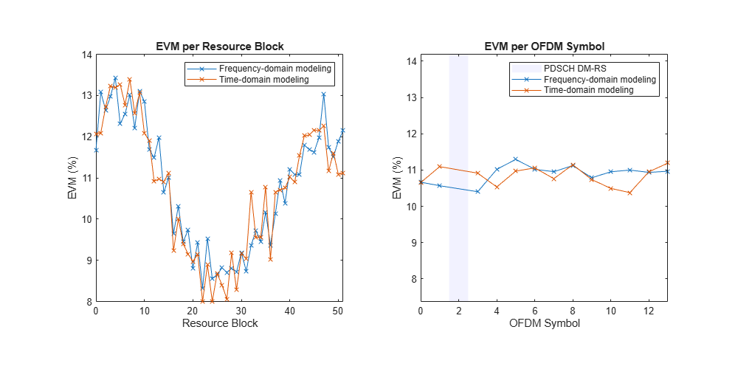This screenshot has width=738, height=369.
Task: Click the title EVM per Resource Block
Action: (220, 46)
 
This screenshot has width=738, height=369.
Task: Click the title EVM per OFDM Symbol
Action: (545, 46)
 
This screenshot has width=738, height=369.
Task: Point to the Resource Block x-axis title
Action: (220, 324)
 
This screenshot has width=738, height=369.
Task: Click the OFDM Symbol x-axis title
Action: (545, 324)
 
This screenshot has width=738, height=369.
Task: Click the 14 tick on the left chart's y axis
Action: (86, 55)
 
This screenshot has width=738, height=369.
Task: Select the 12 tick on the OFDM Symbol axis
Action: (649, 311)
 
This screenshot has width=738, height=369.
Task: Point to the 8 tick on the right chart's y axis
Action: (411, 279)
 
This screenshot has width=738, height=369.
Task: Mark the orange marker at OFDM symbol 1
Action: (440, 167)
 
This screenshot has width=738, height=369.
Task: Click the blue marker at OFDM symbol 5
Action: (516, 159)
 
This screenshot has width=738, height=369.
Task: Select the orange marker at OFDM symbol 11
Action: (630, 193)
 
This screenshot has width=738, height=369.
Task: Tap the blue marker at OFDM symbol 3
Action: (477, 192)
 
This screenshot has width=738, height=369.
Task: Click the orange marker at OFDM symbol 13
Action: (668, 162)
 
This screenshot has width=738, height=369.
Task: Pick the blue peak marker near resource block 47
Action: (324, 94)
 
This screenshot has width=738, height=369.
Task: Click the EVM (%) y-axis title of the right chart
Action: (396, 177)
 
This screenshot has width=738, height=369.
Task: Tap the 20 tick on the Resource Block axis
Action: (193, 311)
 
